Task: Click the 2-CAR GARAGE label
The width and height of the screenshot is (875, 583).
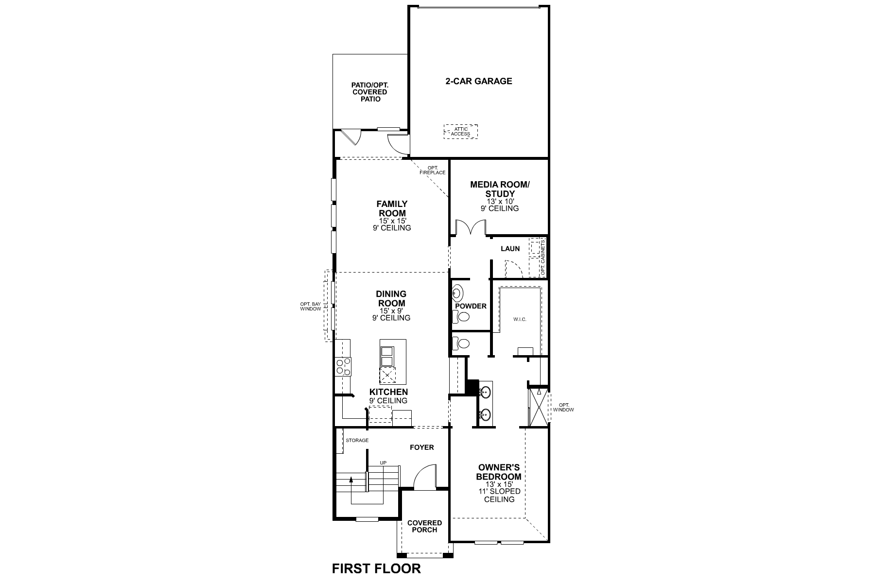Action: click(478, 81)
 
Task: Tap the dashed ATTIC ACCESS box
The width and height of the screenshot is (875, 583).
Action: click(460, 132)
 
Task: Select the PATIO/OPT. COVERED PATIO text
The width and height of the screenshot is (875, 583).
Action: click(369, 92)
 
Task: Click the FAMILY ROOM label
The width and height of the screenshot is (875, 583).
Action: click(392, 208)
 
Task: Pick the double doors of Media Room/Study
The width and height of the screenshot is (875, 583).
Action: click(471, 228)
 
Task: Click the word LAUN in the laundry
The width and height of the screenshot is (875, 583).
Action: click(510, 249)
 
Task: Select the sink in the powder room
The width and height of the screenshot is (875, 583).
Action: click(457, 293)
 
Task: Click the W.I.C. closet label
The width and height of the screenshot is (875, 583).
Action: click(520, 320)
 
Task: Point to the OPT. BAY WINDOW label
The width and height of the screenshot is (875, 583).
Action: click(311, 307)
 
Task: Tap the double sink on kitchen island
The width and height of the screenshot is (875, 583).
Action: click(387, 356)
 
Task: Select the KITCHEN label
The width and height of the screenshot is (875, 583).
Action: click(388, 392)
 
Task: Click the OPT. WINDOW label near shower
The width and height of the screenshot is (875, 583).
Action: click(563, 407)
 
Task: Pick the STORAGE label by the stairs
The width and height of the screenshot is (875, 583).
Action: click(357, 441)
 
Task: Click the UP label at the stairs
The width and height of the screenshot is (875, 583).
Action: click(383, 463)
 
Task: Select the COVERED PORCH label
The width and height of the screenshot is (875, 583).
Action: click(424, 526)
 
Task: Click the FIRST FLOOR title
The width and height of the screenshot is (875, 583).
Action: click(376, 568)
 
